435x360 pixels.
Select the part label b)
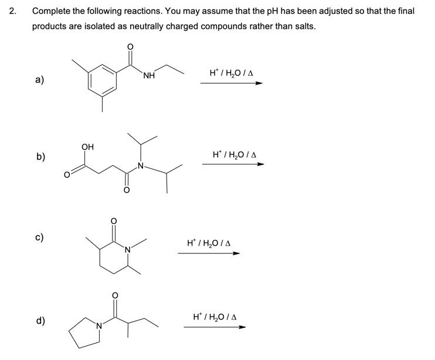[x=40, y=157]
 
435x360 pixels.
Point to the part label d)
[x=40, y=320]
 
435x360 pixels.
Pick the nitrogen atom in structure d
[x=99, y=325]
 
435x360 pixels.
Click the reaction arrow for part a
[x=231, y=83]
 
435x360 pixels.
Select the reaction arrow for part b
[x=233, y=164]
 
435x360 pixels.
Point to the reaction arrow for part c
[x=209, y=253]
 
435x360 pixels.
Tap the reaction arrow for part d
[x=215, y=327]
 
